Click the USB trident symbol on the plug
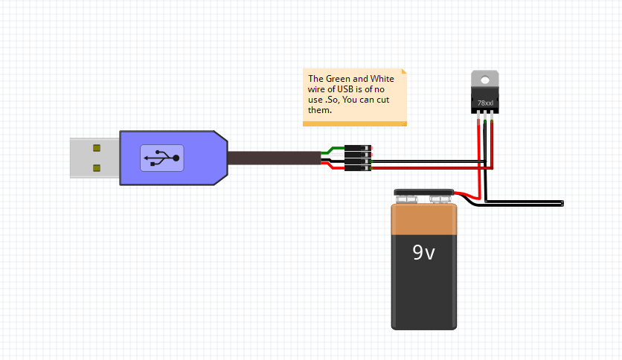click(x=162, y=158)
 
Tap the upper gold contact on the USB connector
click(x=97, y=148)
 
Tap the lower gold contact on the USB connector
click(x=97, y=168)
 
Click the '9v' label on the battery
click(x=424, y=253)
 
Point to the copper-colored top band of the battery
click(x=424, y=219)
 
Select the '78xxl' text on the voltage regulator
click(x=485, y=103)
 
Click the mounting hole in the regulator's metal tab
click(x=485, y=78)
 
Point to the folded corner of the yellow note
click(x=404, y=72)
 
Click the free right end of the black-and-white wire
click(x=562, y=203)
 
